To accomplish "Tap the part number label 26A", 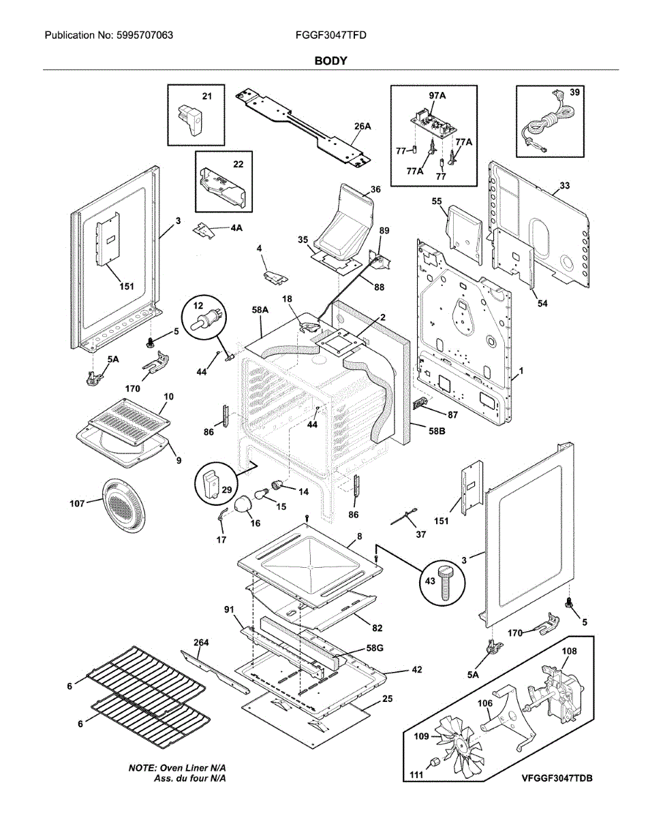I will tap(363, 126).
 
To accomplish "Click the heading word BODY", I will tap(330, 61).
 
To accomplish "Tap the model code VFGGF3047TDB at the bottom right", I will tap(557, 778).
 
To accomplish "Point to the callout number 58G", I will tap(375, 648).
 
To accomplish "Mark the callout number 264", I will tap(201, 643).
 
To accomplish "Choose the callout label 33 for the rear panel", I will tap(565, 185).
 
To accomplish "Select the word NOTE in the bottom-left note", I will tap(142, 767).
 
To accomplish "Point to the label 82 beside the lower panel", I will tap(377, 627).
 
